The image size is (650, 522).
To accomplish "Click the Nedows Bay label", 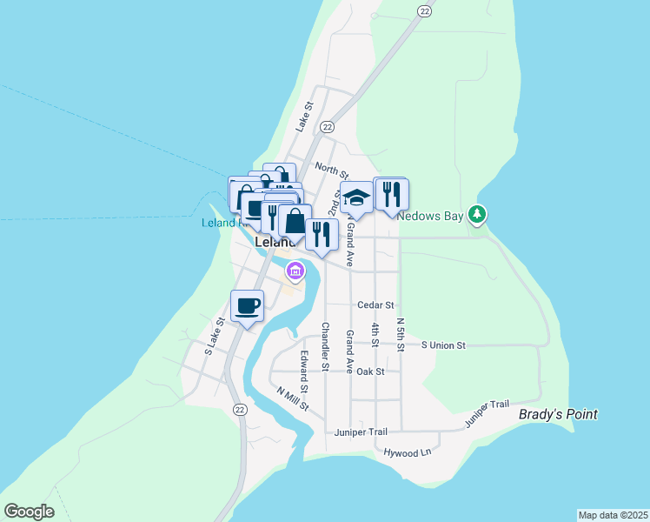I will (431, 217).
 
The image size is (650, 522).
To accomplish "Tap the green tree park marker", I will (476, 213).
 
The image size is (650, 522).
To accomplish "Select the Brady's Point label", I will (558, 415).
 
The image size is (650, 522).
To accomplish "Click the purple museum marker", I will (295, 272).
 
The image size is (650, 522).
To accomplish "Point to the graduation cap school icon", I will (356, 198).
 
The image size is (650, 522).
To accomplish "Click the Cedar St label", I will (376, 305).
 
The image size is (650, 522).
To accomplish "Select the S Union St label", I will (443, 345).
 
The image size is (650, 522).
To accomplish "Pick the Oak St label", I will (370, 371).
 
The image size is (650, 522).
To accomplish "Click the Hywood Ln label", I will (408, 452).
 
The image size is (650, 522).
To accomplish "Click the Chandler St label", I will (325, 347).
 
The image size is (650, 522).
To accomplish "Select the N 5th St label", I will (400, 334).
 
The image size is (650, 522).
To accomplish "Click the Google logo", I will (29, 512).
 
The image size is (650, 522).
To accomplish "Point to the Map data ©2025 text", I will (613, 515).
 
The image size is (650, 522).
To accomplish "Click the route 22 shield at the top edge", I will (423, 10).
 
